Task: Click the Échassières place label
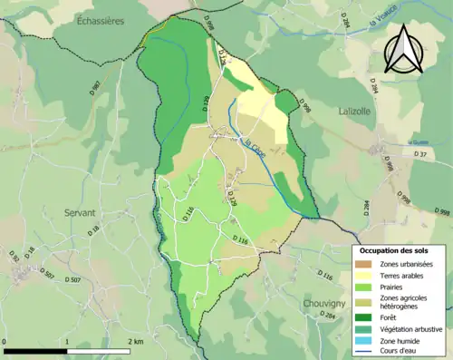(x=101, y=19)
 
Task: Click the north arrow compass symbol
(x=400, y=48)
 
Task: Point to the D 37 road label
(x=419, y=155)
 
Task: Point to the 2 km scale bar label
(x=136, y=341)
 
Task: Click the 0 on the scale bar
(x=5, y=341)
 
